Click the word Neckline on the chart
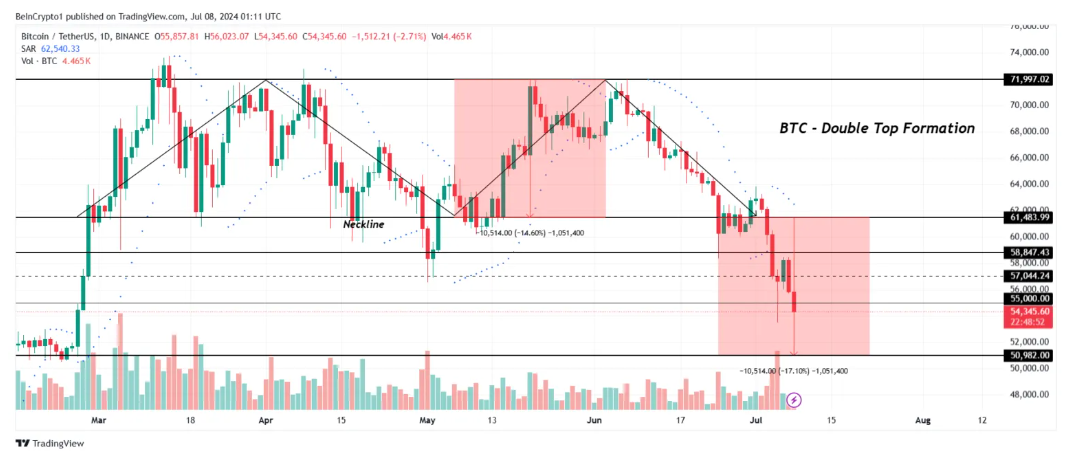363,224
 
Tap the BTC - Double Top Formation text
876,129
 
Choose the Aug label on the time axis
923,421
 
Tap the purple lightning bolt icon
794,400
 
